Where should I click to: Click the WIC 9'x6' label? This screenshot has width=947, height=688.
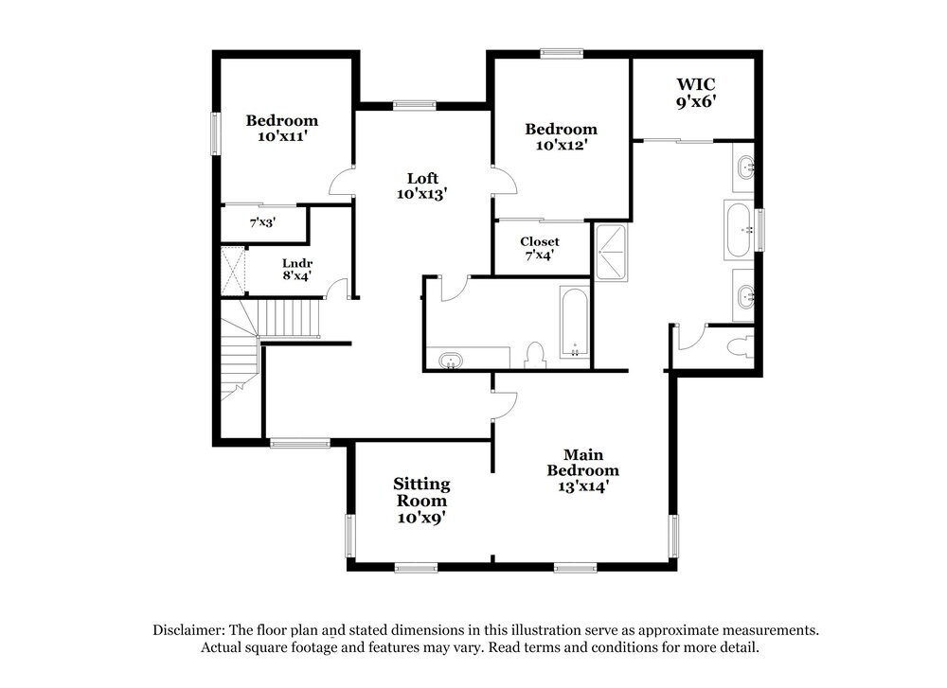pos(695,94)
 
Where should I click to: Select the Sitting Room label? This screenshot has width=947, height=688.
pos(421,501)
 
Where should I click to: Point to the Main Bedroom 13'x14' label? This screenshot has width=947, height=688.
pos(583,470)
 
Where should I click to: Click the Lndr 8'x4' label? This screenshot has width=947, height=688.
pos(296,270)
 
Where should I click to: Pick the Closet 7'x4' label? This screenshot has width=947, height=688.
pos(539,248)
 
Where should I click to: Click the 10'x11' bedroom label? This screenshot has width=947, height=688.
pos(282,128)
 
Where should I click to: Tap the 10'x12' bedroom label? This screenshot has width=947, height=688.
pos(562,136)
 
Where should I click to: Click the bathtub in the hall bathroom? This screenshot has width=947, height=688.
pos(575,323)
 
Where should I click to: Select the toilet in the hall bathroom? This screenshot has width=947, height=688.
pos(535,355)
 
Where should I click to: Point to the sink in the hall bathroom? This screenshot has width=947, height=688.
pos(451,361)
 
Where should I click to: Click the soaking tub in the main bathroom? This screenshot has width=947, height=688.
pos(739,229)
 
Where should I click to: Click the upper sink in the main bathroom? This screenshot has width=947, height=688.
pos(743,168)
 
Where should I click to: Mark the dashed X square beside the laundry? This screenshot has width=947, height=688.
pos(233,271)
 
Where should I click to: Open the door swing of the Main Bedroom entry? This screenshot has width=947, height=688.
pos(505,404)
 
